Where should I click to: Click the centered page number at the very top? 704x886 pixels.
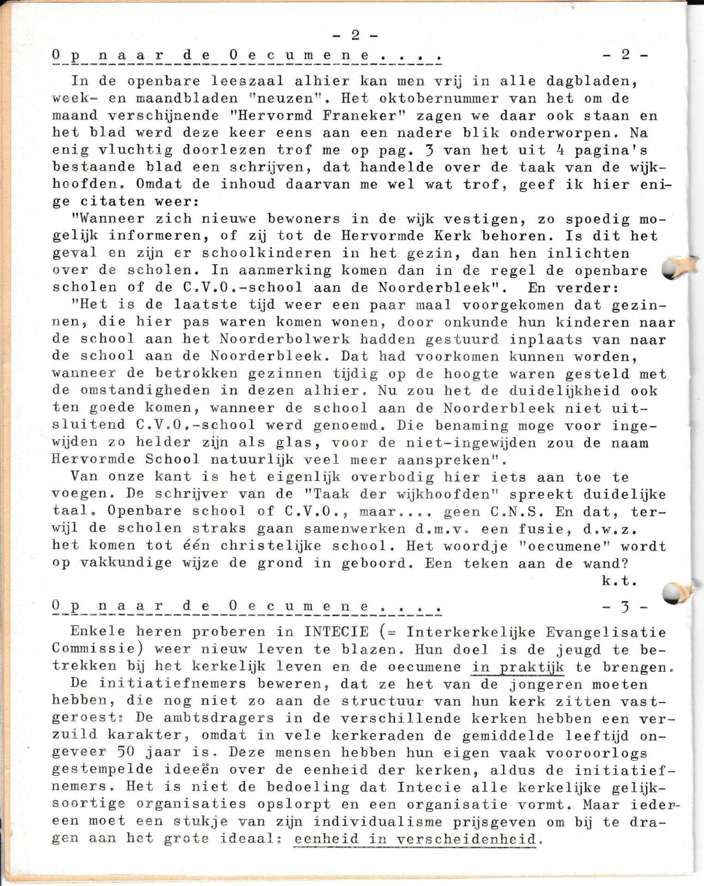coord(355,36)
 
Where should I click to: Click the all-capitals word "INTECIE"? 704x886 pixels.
coord(336,632)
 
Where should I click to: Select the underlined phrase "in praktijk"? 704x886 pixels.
coord(518,667)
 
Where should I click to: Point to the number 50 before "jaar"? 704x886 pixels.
coord(125,752)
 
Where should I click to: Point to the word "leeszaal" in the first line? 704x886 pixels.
coord(247,81)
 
